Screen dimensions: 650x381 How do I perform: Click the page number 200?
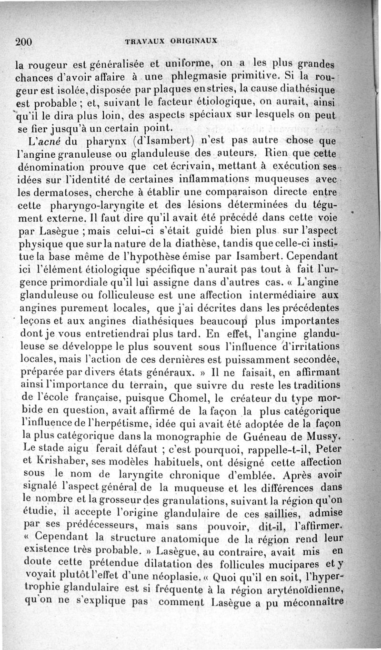click(23, 41)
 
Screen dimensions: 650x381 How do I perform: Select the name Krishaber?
click(62, 462)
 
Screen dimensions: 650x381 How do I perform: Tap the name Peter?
click(328, 449)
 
